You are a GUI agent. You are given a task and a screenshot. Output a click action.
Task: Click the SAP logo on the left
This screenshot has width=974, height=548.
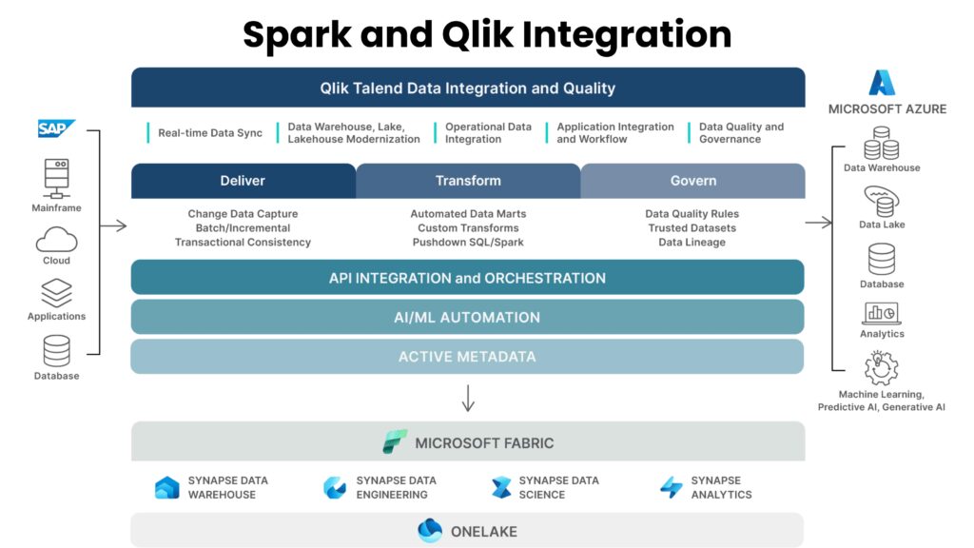[55, 128]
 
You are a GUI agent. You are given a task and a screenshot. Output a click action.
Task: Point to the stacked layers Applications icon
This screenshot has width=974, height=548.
[56, 292]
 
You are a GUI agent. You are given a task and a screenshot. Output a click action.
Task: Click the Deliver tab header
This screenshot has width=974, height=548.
[243, 181]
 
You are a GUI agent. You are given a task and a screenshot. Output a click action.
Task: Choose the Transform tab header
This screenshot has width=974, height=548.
[468, 181]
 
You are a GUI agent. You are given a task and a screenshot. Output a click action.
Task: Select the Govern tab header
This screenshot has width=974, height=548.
[692, 181]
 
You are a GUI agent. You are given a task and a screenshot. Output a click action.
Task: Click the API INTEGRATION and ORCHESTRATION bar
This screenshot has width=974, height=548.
[467, 278]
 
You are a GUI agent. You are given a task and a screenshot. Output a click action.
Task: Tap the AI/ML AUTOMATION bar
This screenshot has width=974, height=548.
[467, 317]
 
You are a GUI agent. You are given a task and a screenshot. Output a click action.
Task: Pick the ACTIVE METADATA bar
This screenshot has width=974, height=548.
[467, 357]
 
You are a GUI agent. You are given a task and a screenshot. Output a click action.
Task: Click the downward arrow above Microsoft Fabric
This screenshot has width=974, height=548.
[467, 398]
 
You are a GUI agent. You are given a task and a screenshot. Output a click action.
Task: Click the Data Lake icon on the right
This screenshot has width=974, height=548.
[881, 202]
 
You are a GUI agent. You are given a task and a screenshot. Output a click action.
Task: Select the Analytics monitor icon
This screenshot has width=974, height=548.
[881, 313]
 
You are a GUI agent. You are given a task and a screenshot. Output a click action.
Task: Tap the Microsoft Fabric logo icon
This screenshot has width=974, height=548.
[394, 442]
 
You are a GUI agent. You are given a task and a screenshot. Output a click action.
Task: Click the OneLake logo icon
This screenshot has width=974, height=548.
[430, 531]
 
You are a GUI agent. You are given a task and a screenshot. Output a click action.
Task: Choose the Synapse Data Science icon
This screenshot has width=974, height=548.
[500, 488]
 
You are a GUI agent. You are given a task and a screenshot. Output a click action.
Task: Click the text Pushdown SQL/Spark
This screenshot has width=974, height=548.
[467, 243]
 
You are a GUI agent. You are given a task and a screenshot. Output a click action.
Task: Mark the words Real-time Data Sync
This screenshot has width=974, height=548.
[209, 133]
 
